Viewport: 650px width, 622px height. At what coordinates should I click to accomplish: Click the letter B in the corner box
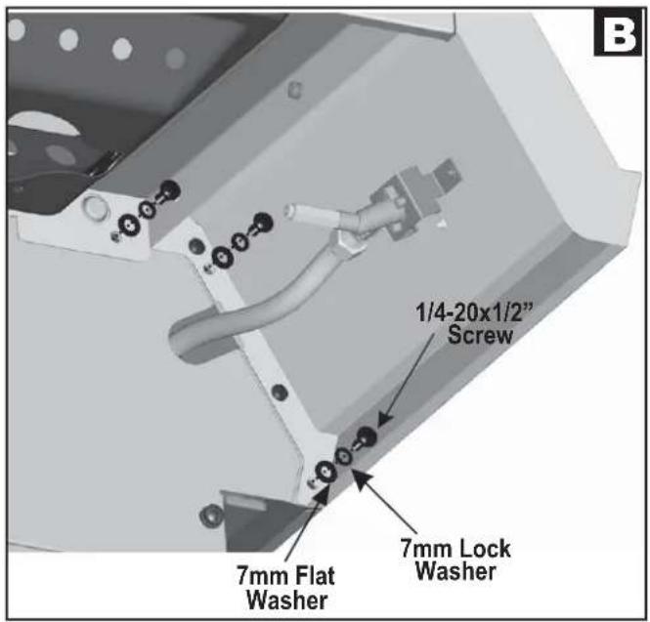618,35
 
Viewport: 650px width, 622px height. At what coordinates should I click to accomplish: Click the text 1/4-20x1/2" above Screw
473,311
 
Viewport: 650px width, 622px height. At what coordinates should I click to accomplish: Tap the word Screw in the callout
480,335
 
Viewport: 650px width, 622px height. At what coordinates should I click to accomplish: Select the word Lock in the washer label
484,549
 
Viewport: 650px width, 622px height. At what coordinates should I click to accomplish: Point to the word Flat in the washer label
315,576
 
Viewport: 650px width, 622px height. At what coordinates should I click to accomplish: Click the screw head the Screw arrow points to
367,436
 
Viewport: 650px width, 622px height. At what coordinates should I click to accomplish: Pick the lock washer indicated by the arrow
344,457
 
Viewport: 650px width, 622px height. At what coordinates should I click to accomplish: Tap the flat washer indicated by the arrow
325,472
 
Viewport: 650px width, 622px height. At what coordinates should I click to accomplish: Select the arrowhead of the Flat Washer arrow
323,495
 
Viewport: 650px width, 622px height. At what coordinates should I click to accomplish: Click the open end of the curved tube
179,341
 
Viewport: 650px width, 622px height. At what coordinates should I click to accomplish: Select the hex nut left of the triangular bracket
209,517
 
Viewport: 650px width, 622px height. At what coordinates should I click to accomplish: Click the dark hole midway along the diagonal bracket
280,392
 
